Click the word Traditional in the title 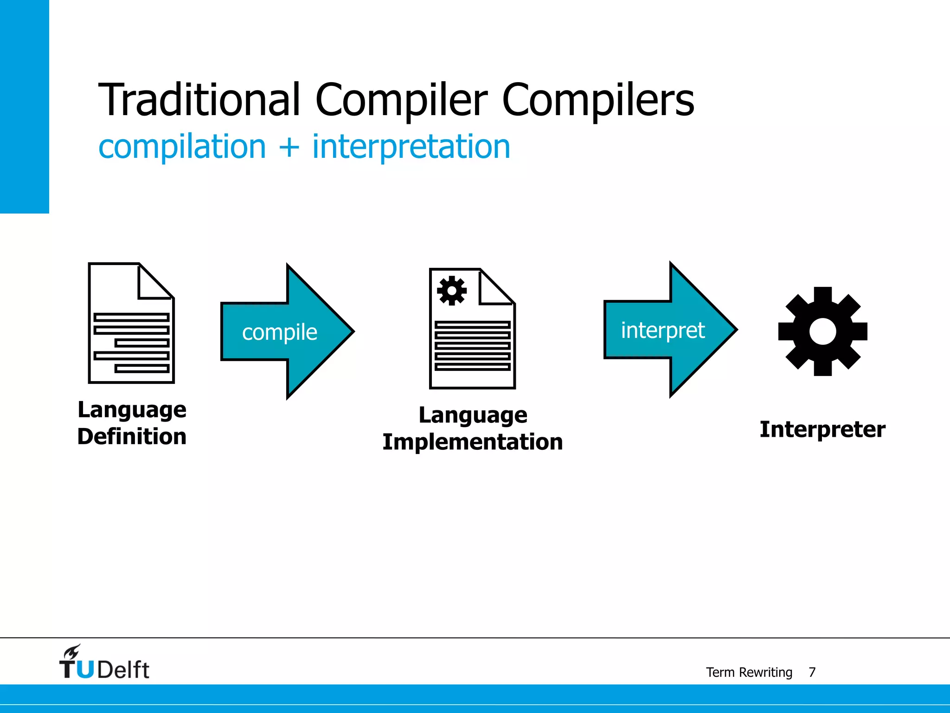pos(199,100)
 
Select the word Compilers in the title pos(598,100)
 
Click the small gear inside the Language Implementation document pos(452,291)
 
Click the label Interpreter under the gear pos(822,429)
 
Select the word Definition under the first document pos(132,437)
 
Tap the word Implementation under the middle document pos(472,442)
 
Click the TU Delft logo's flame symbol pos(72,652)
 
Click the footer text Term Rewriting pos(749,672)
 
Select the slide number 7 pos(812,672)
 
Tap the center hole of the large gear pos(822,331)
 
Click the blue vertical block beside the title pos(24,107)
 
